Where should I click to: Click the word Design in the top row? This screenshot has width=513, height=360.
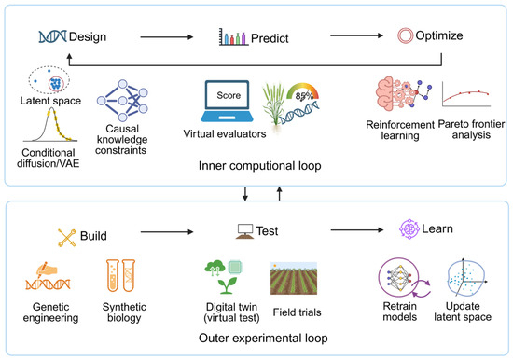pos(88,36)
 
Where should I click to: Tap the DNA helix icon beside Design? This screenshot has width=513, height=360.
pos(52,36)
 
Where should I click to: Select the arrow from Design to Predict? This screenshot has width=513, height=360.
pos(167,37)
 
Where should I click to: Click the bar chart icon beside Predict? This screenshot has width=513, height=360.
pos(233,36)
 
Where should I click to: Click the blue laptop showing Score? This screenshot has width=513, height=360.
pos(227,102)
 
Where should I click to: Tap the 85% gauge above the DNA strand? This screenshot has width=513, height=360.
pos(302,92)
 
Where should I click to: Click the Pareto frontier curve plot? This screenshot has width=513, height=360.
pos(466,94)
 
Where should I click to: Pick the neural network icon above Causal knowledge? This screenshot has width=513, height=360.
pos(122,101)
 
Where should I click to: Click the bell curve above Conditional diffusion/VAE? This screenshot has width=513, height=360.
pos(50,125)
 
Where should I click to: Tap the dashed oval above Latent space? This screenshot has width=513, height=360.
pos(49,66)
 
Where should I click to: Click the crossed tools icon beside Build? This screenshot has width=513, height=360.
pos(67,238)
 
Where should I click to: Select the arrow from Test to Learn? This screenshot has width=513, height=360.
pos(357,230)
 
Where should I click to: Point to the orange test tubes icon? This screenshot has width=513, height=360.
pos(120,275)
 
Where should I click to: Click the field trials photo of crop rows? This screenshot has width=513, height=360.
pos(294,278)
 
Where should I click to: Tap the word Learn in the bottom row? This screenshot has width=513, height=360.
pos(437,228)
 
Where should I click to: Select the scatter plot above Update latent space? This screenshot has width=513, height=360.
pos(467,279)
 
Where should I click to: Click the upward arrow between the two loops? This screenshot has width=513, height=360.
pos(279,193)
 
